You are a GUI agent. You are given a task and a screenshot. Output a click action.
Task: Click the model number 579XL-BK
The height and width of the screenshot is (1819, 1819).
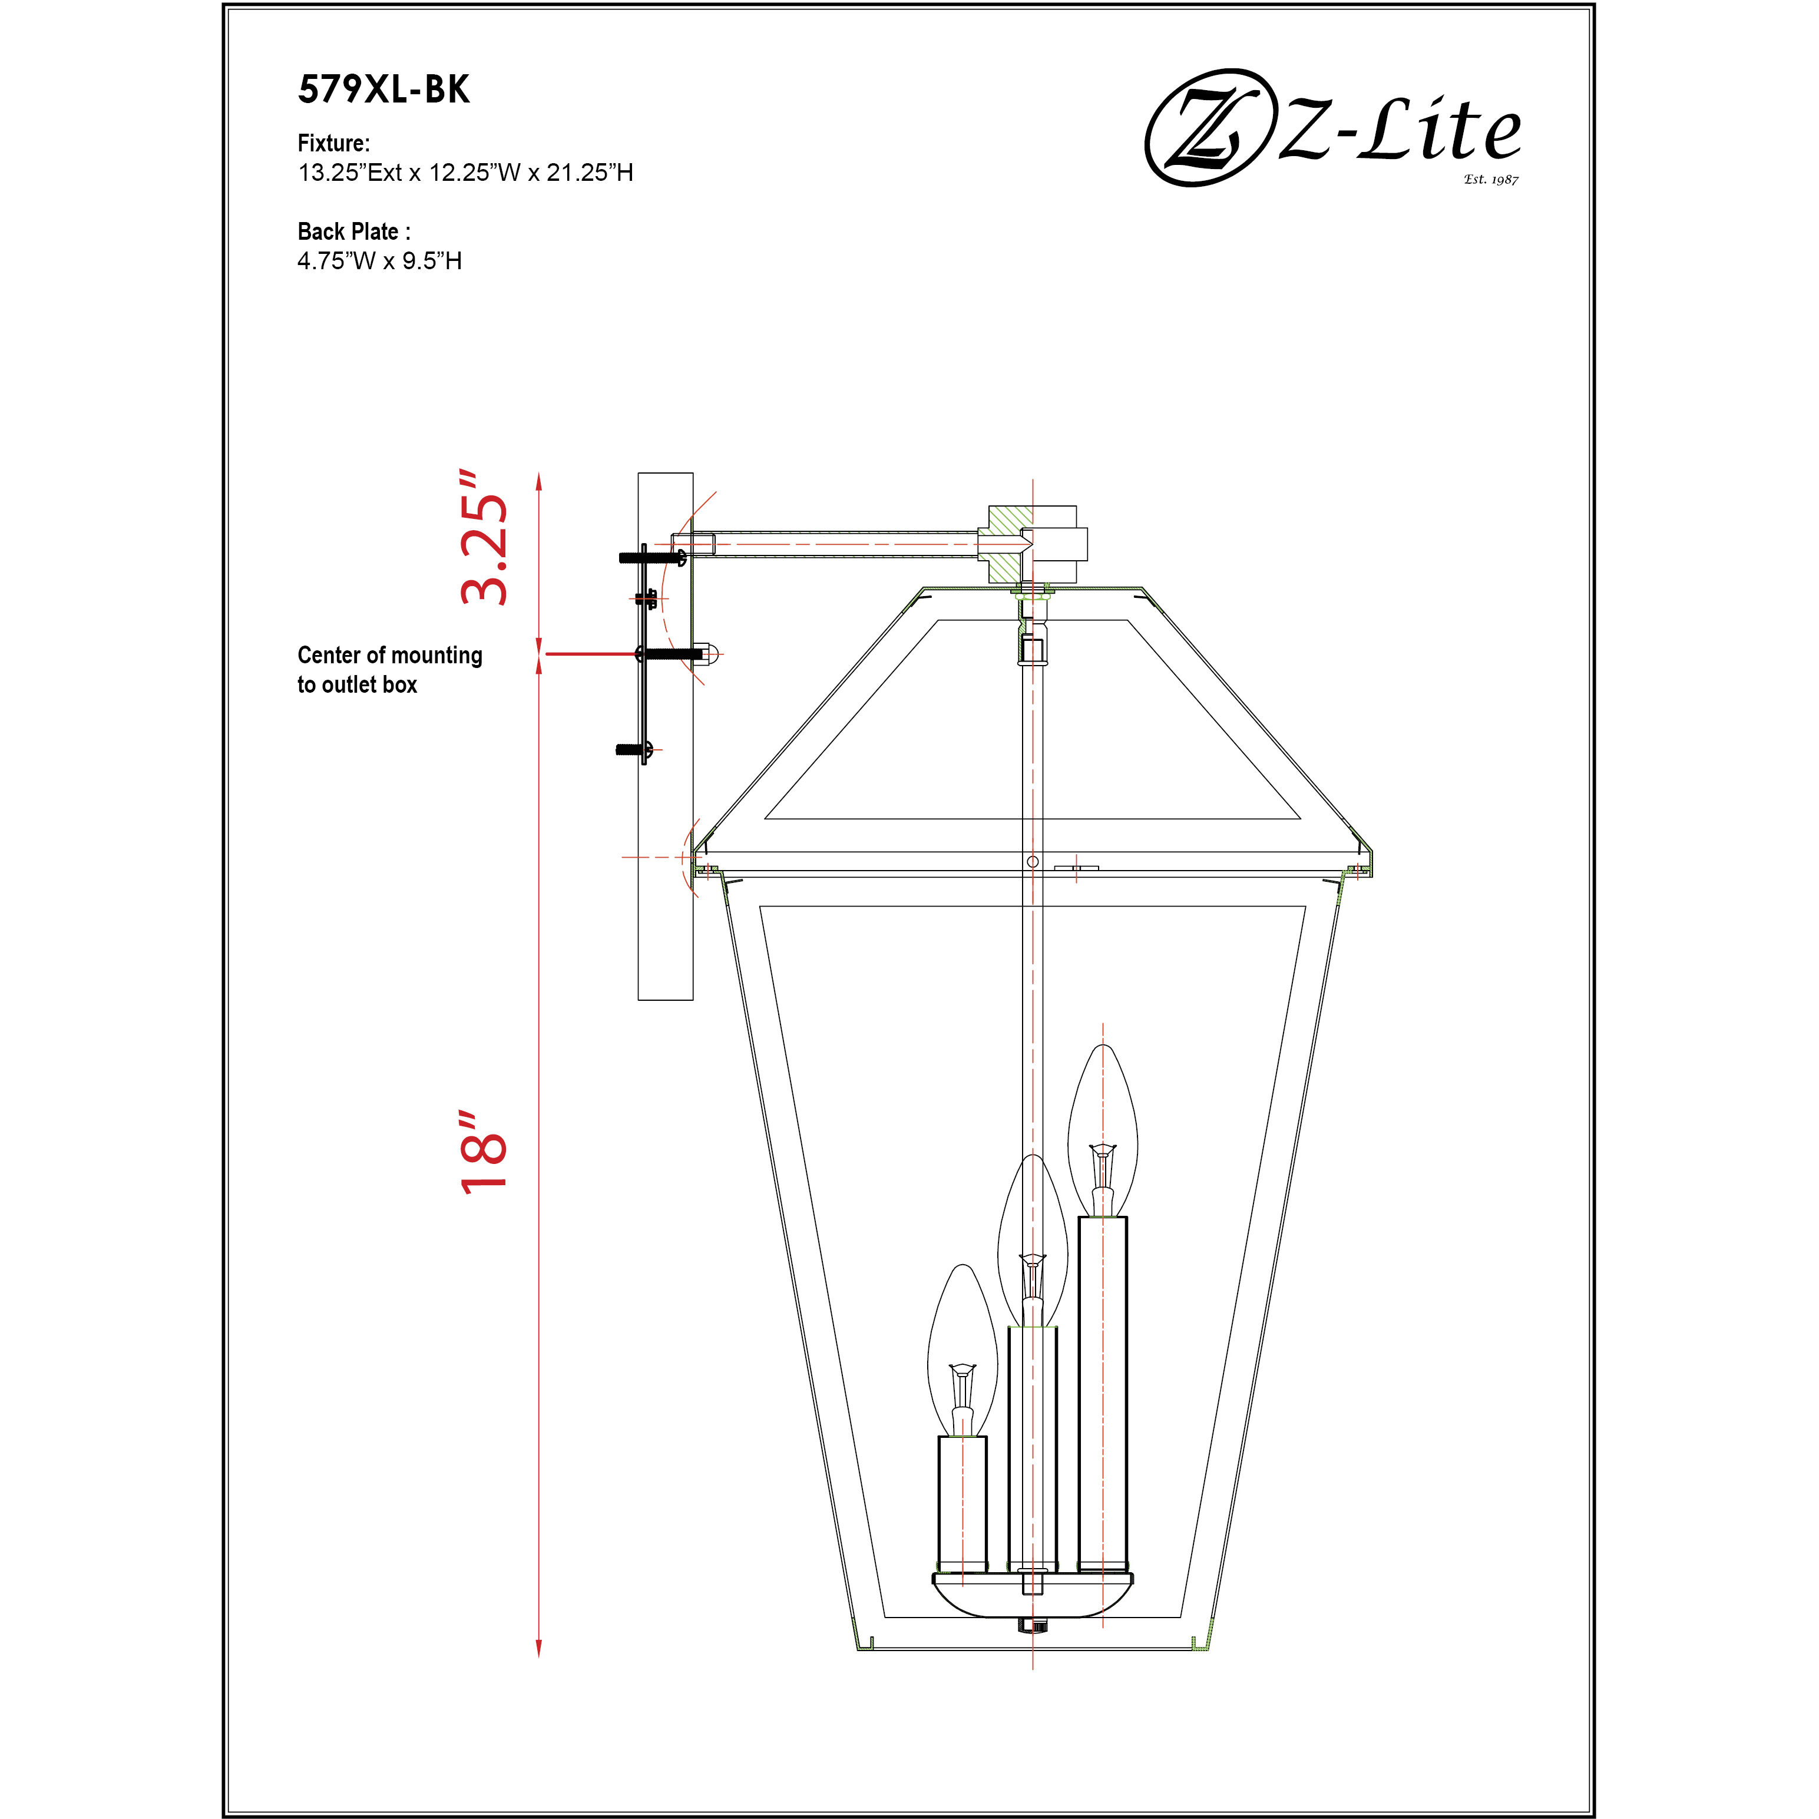pyautogui.click(x=383, y=90)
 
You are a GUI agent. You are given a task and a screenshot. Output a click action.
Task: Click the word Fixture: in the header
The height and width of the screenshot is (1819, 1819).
pyautogui.click(x=333, y=143)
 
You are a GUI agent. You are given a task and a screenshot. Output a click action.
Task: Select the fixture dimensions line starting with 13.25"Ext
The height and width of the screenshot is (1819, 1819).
pyautogui.click(x=465, y=172)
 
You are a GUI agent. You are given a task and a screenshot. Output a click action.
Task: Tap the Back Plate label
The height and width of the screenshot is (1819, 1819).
pyautogui.click(x=353, y=231)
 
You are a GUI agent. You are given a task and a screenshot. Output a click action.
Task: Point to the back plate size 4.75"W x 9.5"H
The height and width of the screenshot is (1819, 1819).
pyautogui.click(x=379, y=261)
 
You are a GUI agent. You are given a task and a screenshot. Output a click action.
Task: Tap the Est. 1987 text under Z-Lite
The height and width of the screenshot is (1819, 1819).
pyautogui.click(x=1490, y=179)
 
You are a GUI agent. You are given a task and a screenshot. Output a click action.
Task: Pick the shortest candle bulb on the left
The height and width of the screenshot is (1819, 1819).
pyautogui.click(x=963, y=1348)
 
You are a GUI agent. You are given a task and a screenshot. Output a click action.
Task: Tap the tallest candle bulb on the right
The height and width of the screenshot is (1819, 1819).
pyautogui.click(x=1103, y=1128)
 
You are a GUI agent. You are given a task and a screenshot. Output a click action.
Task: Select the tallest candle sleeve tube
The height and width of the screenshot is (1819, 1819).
pyautogui.click(x=1103, y=1391)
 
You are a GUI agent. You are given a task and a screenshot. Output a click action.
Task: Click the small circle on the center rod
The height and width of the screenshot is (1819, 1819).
pyautogui.click(x=1033, y=861)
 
